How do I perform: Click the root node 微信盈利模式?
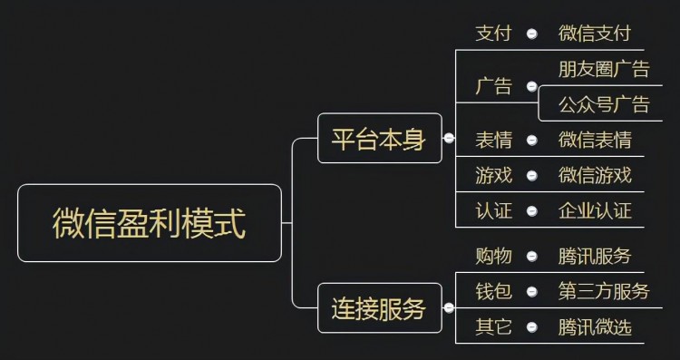[x=150, y=223]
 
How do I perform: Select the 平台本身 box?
[x=379, y=139]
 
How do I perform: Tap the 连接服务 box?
[x=379, y=308]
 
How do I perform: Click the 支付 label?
[x=494, y=34]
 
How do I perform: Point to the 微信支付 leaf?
[x=595, y=34]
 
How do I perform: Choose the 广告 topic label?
[x=494, y=87]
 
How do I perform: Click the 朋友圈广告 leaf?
[x=604, y=69]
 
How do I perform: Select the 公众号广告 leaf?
[x=604, y=104]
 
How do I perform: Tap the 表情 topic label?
[x=494, y=140]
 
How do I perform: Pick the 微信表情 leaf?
[x=595, y=140]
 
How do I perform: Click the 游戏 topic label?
[x=494, y=175]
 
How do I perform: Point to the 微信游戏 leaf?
[x=595, y=175]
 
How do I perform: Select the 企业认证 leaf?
[x=595, y=211]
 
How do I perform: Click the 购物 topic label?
[x=494, y=256]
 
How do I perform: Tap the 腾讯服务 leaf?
[x=595, y=256]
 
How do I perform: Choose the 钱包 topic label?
[x=494, y=291]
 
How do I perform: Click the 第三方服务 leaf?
[x=604, y=291]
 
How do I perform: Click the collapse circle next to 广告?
[x=532, y=87]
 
